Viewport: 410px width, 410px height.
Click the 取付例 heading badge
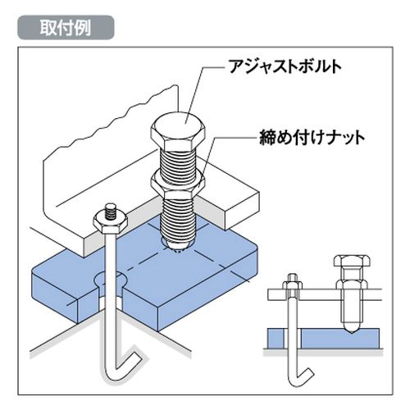tap(66, 28)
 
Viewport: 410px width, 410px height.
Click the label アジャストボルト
tap(285, 66)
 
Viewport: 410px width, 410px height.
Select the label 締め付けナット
tap(312, 138)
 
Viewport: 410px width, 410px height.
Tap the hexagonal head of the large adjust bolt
tap(178, 131)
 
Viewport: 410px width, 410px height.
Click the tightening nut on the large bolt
tap(178, 183)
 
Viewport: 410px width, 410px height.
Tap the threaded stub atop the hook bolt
tap(111, 211)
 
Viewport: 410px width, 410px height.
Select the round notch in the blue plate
tap(111, 280)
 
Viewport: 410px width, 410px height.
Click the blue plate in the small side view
tap(323, 338)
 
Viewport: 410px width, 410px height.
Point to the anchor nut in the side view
tap(293, 285)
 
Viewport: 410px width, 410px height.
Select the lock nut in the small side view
tap(352, 285)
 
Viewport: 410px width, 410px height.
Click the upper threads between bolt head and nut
tap(178, 162)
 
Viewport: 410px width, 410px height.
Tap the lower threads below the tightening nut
tap(177, 216)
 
